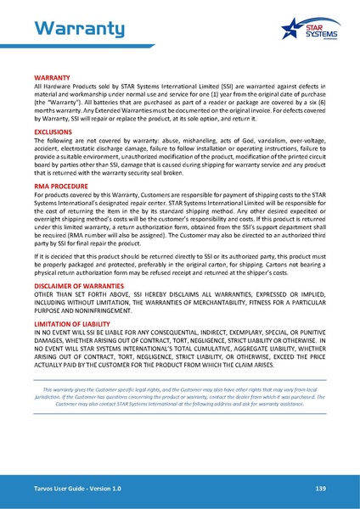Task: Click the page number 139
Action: (x=320, y=489)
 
